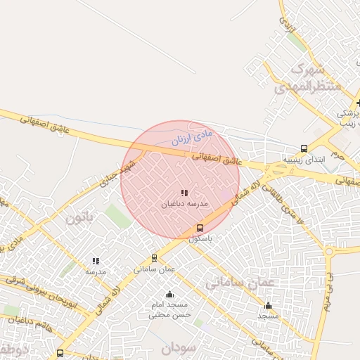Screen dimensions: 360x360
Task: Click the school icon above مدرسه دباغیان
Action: click(184, 193)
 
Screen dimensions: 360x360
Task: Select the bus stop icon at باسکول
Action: click(200, 228)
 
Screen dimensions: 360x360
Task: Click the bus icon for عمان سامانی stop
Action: click(155, 257)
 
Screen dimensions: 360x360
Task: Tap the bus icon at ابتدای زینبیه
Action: click(304, 148)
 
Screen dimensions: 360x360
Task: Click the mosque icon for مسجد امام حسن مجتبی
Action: click(169, 294)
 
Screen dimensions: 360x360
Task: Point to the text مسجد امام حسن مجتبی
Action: click(168, 310)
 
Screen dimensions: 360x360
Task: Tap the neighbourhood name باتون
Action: click(79, 217)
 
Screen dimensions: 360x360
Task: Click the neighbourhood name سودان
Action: click(176, 348)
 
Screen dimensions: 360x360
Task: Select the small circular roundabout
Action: click(328, 251)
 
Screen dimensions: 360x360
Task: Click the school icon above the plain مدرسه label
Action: click(96, 261)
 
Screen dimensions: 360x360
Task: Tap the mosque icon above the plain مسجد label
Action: click(268, 305)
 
